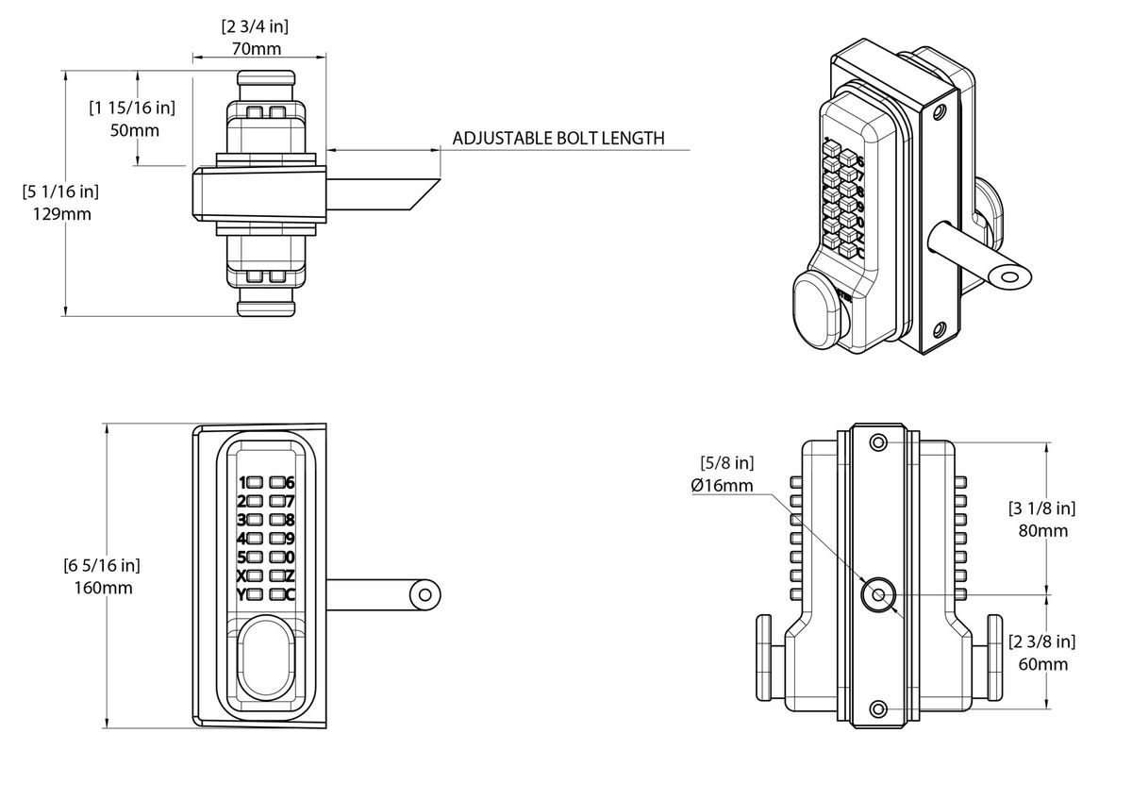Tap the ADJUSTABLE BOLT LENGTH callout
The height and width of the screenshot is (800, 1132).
(558, 138)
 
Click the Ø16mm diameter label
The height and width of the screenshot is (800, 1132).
(723, 485)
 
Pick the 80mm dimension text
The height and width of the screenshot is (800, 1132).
(1043, 530)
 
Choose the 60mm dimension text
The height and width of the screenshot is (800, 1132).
(1043, 664)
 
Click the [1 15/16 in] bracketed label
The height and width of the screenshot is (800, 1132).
(132, 108)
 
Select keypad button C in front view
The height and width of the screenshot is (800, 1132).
(276, 594)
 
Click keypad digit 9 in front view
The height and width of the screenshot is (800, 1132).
(276, 538)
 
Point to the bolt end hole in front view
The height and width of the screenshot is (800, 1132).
(425, 594)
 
